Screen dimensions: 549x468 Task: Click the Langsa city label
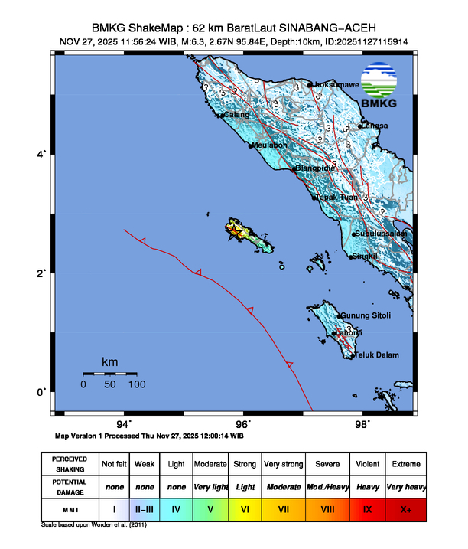click(375, 126)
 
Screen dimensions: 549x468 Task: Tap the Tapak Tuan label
click(338, 197)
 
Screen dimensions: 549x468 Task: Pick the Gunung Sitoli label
click(366, 315)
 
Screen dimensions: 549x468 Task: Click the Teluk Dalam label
click(375, 355)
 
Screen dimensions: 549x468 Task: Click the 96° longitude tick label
click(243, 423)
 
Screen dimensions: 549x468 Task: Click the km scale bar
click(110, 373)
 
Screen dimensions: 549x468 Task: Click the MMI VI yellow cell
click(245, 508)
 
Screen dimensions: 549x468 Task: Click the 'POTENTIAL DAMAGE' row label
click(69, 486)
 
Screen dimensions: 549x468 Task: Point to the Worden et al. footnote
click(94, 525)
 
